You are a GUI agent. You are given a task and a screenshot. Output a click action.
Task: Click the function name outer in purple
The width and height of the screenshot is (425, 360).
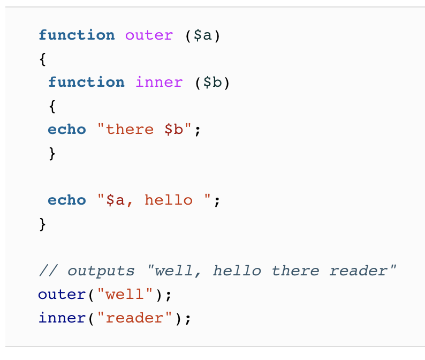click(x=149, y=35)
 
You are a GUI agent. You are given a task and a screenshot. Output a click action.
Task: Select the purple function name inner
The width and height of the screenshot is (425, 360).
click(x=159, y=82)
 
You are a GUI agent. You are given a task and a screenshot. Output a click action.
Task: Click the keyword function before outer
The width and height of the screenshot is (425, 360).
click(x=77, y=35)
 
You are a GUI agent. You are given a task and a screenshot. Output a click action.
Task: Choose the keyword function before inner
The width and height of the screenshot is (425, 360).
click(x=86, y=82)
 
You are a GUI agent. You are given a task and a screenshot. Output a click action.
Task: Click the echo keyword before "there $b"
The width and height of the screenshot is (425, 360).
click(x=67, y=130)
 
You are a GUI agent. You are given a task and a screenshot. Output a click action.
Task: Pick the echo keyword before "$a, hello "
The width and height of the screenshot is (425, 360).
click(x=67, y=200)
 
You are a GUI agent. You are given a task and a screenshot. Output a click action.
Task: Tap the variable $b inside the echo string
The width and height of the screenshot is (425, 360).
click(x=173, y=130)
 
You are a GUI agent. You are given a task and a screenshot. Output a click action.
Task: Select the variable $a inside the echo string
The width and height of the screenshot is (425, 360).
click(x=116, y=200)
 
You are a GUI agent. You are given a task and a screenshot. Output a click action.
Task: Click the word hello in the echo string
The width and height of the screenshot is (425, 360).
click(x=169, y=200)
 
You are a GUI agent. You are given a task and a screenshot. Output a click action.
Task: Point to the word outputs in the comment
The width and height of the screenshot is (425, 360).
click(x=102, y=271)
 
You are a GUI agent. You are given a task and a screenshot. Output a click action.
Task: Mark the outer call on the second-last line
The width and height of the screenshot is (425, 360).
click(x=62, y=295)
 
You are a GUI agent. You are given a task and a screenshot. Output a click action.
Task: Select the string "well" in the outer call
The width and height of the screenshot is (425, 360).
click(x=125, y=295)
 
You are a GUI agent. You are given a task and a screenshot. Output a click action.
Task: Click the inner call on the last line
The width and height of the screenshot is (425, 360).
click(x=62, y=318)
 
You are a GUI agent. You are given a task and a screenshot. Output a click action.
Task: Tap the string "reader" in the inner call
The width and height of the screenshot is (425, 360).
click(x=134, y=318)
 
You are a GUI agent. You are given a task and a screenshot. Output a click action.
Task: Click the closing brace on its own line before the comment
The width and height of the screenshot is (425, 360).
click(x=43, y=224)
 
